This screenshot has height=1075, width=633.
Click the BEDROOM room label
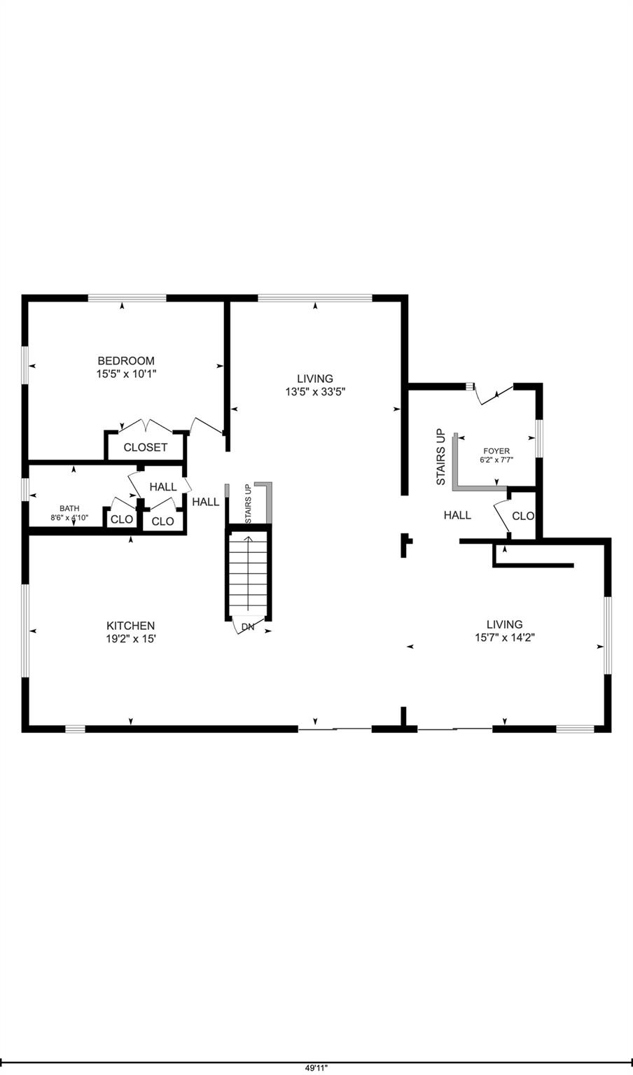126,361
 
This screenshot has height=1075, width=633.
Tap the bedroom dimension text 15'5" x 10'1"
126,374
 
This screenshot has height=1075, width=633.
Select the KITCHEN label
130,626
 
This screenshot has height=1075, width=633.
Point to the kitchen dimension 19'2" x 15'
130,638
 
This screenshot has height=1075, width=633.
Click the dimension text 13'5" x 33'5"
314,392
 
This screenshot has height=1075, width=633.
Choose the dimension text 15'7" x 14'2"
504,637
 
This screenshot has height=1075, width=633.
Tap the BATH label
69,509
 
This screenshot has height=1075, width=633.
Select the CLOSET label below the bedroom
146,447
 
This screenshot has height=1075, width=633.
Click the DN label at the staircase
248,627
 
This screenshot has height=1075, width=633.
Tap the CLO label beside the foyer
523,516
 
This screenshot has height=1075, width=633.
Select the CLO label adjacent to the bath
122,519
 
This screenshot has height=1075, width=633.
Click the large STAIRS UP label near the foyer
440,457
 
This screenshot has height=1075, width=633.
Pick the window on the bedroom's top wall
127,298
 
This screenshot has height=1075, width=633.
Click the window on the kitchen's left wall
25,631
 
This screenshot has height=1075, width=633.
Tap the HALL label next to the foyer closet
457,515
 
